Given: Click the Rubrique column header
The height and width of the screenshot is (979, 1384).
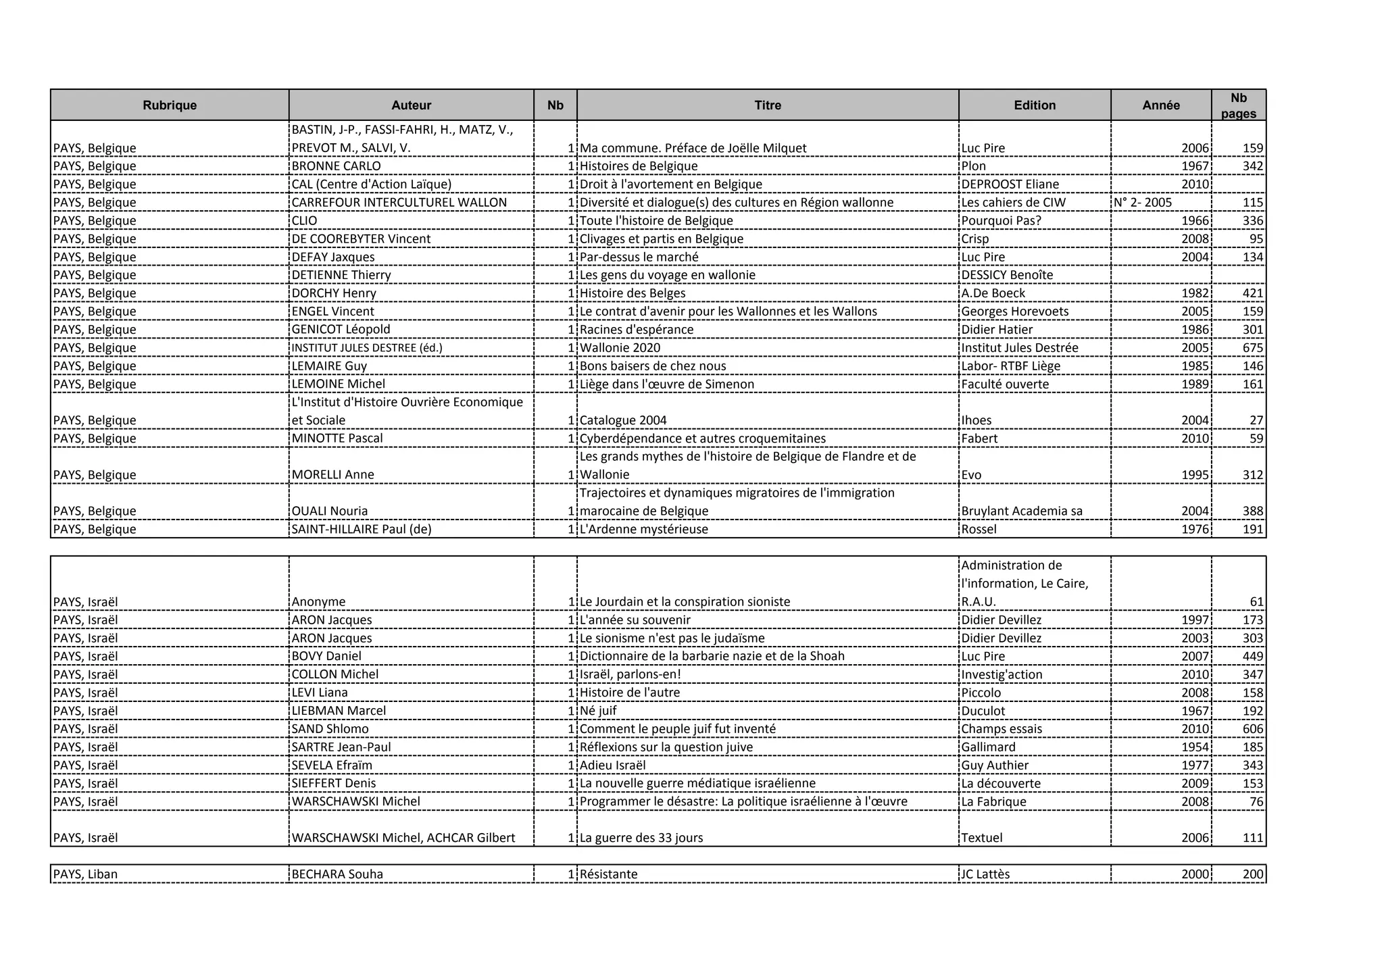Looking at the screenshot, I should point(170,105).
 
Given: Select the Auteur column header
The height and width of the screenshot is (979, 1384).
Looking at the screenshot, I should point(411,105).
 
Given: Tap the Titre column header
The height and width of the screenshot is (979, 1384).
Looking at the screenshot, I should point(768,105).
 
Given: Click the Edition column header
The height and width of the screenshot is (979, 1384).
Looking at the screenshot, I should point(1035,105).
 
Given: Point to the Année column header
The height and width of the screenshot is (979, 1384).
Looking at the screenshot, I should point(1161,105).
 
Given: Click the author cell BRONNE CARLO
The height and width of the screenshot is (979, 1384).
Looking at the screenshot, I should point(336,166).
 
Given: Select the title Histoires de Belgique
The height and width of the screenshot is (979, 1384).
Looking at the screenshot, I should point(639,166).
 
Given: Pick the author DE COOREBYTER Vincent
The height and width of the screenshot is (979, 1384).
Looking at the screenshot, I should point(361,239).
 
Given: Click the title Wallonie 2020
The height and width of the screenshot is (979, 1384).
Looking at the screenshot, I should point(620,348).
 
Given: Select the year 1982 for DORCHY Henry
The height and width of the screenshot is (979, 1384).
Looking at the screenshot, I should point(1195,293).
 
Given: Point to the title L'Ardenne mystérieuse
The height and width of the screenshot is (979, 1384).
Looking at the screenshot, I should point(643,529).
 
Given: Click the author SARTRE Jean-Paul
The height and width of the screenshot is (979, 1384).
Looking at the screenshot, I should point(341,747).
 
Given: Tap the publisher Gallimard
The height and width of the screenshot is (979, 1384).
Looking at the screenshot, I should point(988,747).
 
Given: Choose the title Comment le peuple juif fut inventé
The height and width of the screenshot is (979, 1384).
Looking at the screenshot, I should point(677,729).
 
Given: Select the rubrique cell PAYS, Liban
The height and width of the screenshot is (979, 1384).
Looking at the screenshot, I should point(85,874).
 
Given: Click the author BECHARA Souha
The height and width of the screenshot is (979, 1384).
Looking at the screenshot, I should point(337,874).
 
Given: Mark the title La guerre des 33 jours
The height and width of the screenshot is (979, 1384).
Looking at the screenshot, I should point(641,838).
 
